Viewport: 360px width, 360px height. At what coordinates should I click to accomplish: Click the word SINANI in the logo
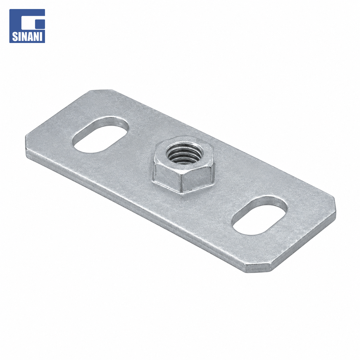27,37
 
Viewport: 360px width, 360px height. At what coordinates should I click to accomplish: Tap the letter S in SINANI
14,37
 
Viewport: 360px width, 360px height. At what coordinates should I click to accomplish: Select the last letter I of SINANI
41,37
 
